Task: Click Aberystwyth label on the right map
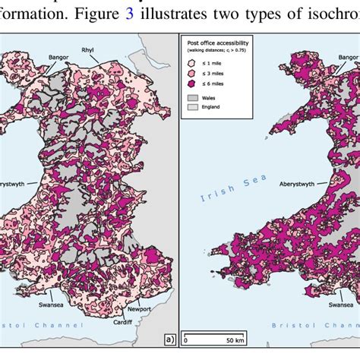tap(302, 183)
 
